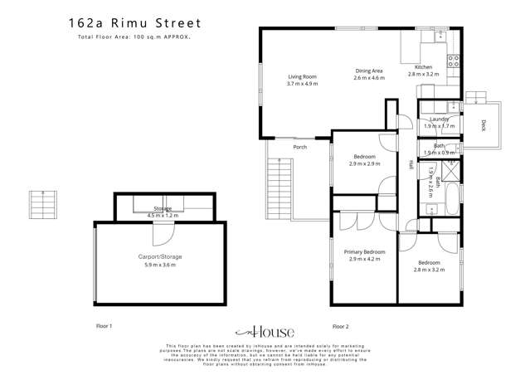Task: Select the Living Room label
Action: tap(302, 77)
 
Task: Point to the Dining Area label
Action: tap(368, 71)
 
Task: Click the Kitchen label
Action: tap(423, 67)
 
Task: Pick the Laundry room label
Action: tap(439, 119)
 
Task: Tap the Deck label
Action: tap(484, 126)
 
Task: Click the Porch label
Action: tap(299, 148)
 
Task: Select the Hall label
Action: tap(409, 165)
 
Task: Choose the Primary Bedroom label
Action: tap(365, 251)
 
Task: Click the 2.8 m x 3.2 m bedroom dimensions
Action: tap(430, 270)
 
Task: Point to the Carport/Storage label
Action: tap(160, 257)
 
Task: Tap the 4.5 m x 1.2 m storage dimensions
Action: tap(162, 215)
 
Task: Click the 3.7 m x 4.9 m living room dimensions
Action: tap(302, 84)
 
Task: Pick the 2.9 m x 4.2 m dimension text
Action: tap(365, 259)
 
